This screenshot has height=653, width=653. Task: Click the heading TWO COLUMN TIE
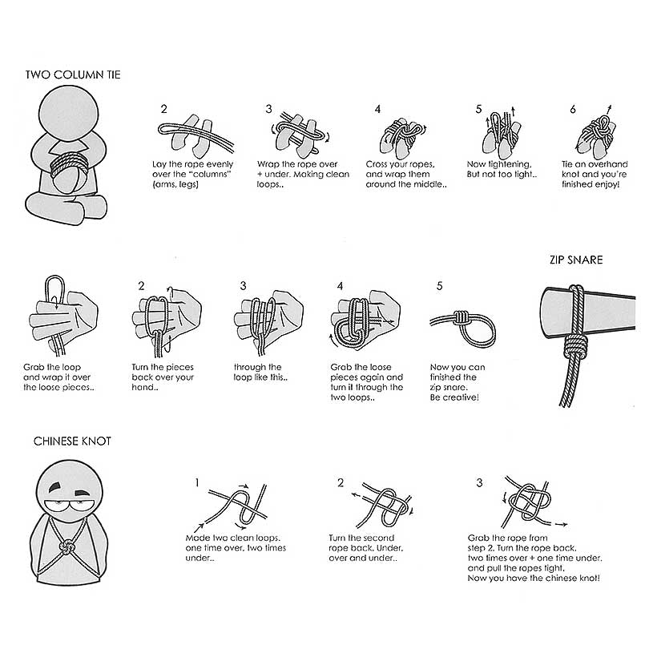tap(73, 75)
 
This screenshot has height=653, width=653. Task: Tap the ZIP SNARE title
tap(576, 260)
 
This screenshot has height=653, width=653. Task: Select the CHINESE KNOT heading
tap(72, 441)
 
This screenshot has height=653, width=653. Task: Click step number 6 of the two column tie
tap(573, 109)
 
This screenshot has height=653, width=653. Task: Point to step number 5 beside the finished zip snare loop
tap(439, 286)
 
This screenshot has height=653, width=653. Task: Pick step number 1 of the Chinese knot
tap(197, 482)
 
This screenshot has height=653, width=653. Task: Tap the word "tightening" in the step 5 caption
tap(510, 164)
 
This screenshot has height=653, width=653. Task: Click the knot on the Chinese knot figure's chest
tap(66, 546)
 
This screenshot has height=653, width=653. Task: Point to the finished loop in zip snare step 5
tap(478, 332)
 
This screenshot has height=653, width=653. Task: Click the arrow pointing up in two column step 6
tap(609, 109)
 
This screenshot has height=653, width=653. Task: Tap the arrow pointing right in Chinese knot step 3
tap(562, 524)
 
